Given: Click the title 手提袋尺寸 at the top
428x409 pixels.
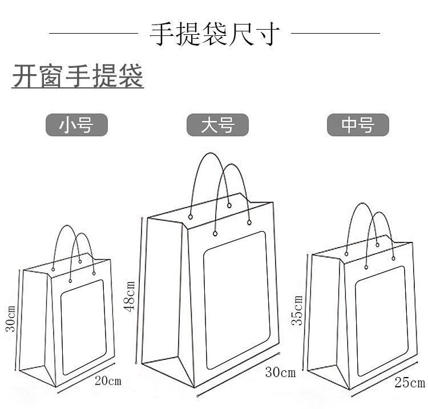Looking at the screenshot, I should pyautogui.click(x=215, y=34).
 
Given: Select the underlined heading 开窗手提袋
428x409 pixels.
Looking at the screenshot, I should pyautogui.click(x=78, y=78).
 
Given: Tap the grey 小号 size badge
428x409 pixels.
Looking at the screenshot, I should pyautogui.click(x=76, y=124).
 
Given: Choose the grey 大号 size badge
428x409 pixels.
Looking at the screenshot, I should pyautogui.click(x=218, y=125).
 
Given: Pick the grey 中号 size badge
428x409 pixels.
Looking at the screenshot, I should pyautogui.click(x=358, y=125).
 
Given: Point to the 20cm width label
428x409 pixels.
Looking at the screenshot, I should pyautogui.click(x=108, y=381).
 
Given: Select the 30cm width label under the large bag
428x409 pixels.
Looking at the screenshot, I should pyautogui.click(x=280, y=373).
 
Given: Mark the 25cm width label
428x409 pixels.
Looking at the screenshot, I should pyautogui.click(x=410, y=383).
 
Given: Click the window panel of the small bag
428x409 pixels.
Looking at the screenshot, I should pyautogui.click(x=84, y=327).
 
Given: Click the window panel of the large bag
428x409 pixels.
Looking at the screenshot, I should pyautogui.click(x=236, y=299).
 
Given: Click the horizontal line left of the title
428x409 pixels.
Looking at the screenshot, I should pyautogui.click(x=94, y=34).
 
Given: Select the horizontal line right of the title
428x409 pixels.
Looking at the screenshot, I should pyautogui.click(x=336, y=34).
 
